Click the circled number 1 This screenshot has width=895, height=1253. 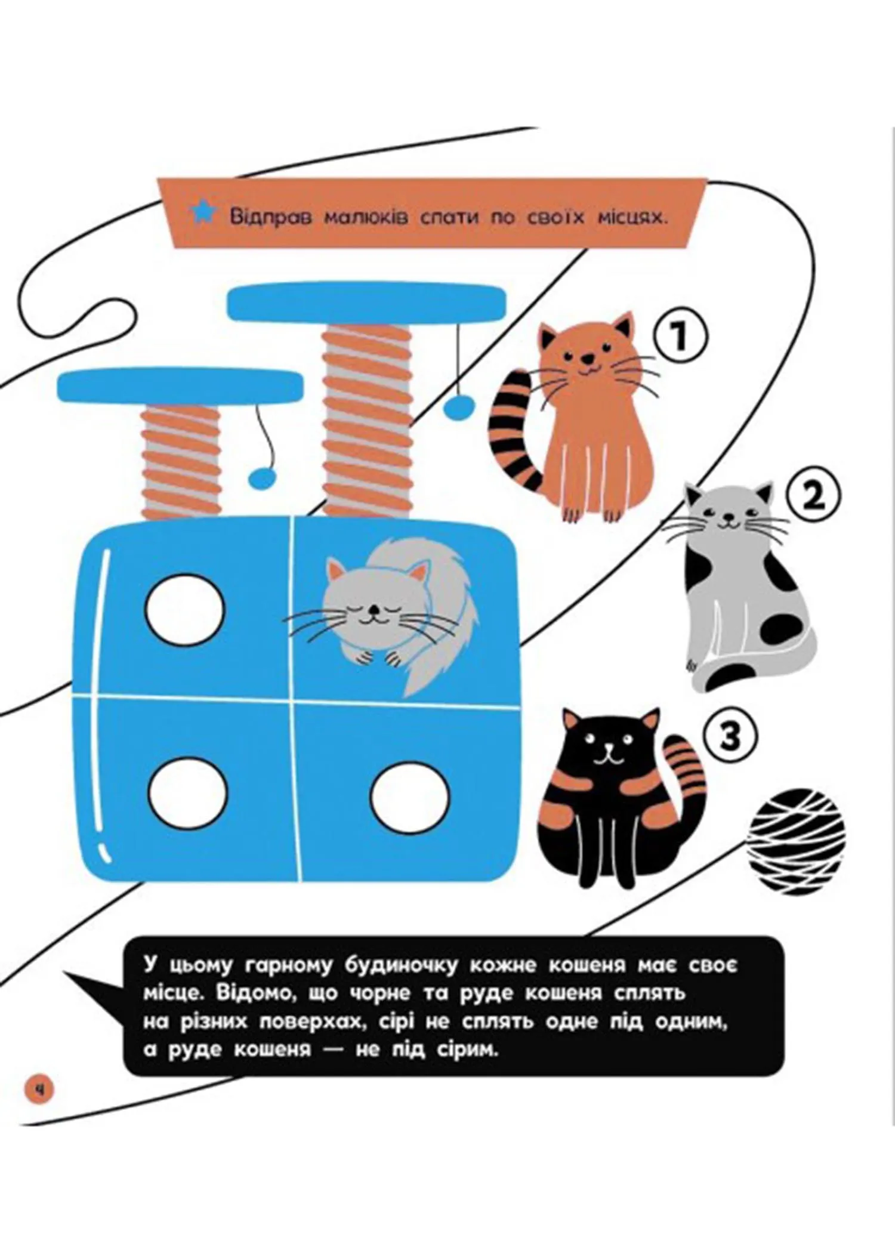(678, 336)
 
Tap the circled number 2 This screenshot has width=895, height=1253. (812, 496)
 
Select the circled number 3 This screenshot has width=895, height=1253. (730, 736)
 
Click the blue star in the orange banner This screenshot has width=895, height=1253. (203, 213)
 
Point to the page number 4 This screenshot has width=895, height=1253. (39, 1090)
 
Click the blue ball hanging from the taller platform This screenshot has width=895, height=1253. (459, 408)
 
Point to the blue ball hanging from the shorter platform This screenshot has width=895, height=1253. (263, 477)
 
